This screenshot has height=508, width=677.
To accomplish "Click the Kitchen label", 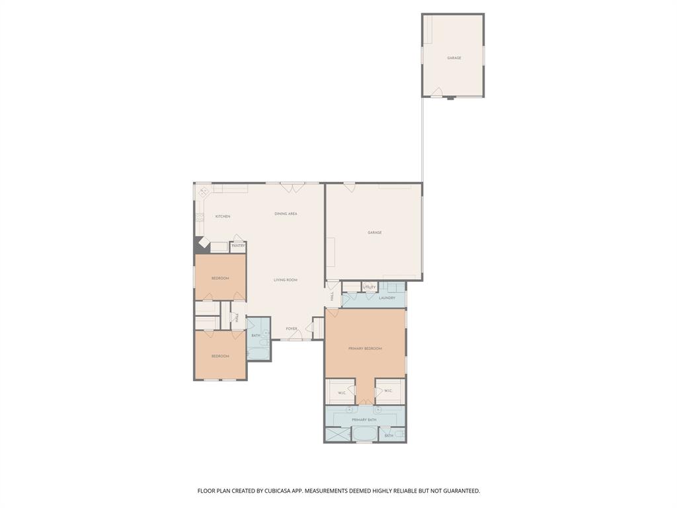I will tap(222, 216).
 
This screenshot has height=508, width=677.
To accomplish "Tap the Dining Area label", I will tap(286, 214).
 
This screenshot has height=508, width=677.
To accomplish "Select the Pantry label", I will tap(238, 246).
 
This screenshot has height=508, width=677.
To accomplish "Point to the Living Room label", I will tap(286, 280).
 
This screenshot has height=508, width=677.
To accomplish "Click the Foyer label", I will tap(292, 329).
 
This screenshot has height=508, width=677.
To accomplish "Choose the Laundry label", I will tap(387, 298).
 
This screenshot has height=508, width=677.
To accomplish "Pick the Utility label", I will tap(370, 287).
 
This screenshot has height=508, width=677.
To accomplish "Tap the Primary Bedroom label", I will tap(365, 349).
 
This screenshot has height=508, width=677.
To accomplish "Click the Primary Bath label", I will tap(364, 420).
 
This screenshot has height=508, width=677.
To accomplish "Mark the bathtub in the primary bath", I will tap(364, 435).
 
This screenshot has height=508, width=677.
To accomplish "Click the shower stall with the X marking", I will tap(337, 435).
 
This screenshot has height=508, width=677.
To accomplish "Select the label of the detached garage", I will tap(454, 58).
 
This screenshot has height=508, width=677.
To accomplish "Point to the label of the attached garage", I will tap(375, 233).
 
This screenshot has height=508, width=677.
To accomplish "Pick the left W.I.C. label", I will tap(342, 393).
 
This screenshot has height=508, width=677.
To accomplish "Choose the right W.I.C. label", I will tap(388, 391).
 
